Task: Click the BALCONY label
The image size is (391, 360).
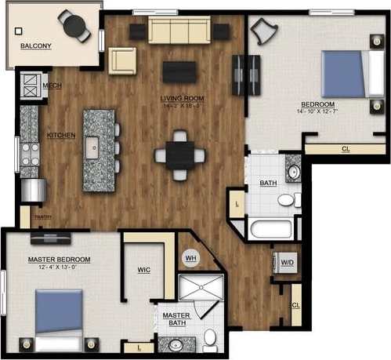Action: [36, 46]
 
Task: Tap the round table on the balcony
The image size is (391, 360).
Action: [76, 27]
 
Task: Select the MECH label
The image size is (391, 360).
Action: [52, 85]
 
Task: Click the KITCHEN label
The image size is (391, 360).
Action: [61, 135]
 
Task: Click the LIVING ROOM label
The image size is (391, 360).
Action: [182, 99]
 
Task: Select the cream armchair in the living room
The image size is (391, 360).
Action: [122, 60]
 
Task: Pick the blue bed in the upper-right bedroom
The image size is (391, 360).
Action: [342, 74]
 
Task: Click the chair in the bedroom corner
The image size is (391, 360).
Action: [265, 32]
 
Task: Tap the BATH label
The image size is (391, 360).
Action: [269, 184]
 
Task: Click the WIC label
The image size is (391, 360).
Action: [143, 270]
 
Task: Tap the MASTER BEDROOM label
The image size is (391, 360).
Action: [60, 260]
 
